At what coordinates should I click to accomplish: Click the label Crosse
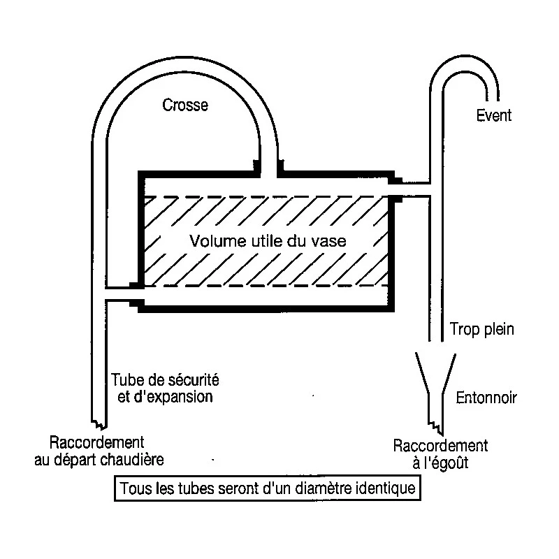pos(185,106)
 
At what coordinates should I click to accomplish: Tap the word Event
pos(493,115)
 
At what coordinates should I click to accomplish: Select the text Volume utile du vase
pos(269,242)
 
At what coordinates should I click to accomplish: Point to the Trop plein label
pos(482,329)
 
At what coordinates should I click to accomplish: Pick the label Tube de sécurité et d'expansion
pos(166,389)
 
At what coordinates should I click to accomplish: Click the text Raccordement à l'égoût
pos(440,453)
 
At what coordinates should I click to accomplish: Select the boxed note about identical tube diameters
pos(268,487)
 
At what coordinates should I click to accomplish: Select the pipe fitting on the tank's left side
pos(137,294)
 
